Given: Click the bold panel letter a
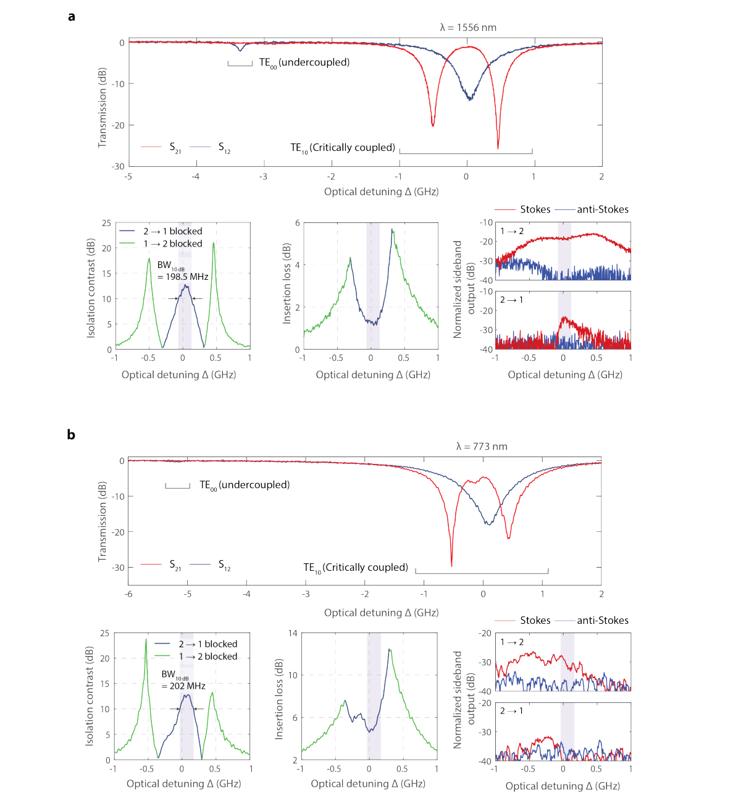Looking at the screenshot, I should (72, 17).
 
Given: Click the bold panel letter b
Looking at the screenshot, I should (71, 435).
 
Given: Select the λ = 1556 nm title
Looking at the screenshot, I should (468, 27).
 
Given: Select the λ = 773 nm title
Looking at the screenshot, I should (482, 446).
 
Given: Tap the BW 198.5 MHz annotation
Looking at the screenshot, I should (182, 271).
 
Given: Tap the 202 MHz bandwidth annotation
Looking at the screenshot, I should (183, 681).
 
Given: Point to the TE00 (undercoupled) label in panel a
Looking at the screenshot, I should (304, 62).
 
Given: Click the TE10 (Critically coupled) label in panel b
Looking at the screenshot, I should (356, 568).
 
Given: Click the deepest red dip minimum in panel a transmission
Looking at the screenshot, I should (498, 148).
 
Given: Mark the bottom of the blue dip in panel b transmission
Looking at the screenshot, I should (488, 524).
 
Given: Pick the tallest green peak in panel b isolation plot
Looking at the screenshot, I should (146, 639).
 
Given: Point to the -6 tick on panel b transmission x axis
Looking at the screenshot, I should (128, 594).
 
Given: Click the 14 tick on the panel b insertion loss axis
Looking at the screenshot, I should (293, 633).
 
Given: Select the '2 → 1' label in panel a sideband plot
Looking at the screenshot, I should (511, 300).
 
